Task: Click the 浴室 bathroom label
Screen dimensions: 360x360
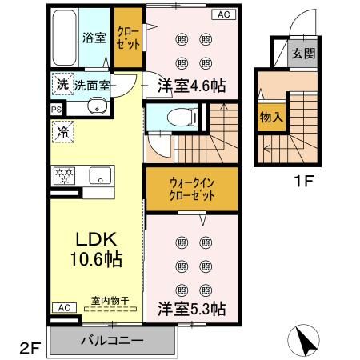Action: point(94,38)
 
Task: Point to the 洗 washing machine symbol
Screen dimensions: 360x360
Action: point(62,83)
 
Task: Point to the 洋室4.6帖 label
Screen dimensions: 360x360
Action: point(190,86)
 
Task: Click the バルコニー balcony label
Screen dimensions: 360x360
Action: point(112,342)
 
